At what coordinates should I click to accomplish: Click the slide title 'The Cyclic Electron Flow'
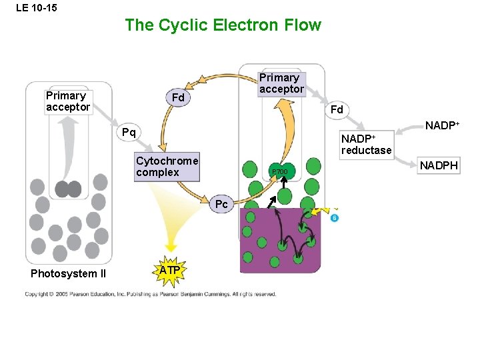tap(223, 25)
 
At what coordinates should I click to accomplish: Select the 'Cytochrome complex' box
tap(167, 167)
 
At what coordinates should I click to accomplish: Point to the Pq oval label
tap(129, 132)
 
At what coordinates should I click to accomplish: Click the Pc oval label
tap(221, 203)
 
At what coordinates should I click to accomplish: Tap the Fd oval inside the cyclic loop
tap(177, 99)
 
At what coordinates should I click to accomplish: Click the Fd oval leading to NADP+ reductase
tap(337, 109)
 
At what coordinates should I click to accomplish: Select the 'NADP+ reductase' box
tap(366, 144)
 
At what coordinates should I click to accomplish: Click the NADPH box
tap(438, 165)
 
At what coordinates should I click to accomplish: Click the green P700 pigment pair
tap(281, 172)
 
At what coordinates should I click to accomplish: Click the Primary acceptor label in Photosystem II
tap(67, 101)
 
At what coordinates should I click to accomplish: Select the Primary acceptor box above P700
tap(281, 83)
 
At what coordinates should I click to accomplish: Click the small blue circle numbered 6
tap(335, 218)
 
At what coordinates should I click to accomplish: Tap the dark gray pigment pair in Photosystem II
tap(68, 189)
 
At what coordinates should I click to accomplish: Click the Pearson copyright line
tap(150, 294)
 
